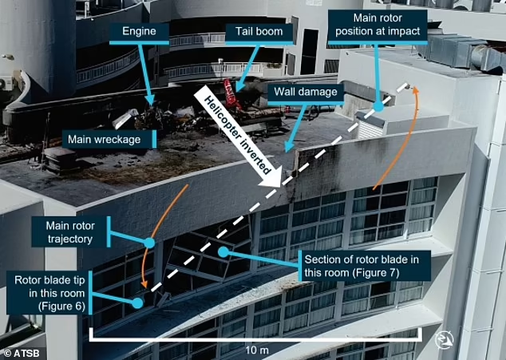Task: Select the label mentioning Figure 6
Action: click(x=50, y=288)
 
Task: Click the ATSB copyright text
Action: click(x=22, y=351)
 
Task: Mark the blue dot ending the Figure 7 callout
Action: click(x=223, y=252)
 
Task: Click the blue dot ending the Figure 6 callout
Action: click(x=138, y=303)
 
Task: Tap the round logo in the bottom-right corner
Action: click(x=445, y=341)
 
